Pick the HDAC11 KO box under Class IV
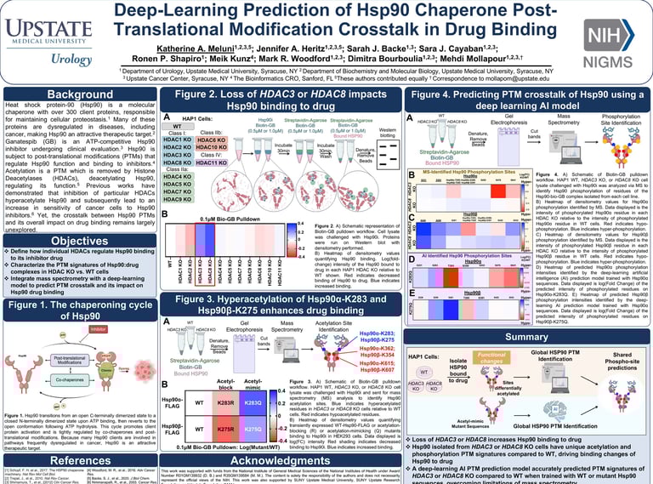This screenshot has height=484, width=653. pyautogui.click(x=211, y=162)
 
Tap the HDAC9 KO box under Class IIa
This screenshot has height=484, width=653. pyautogui.click(x=177, y=200)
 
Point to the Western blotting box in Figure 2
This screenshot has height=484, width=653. pyautogui.click(x=387, y=133)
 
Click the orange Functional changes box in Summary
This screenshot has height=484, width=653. pyautogui.click(x=491, y=357)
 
